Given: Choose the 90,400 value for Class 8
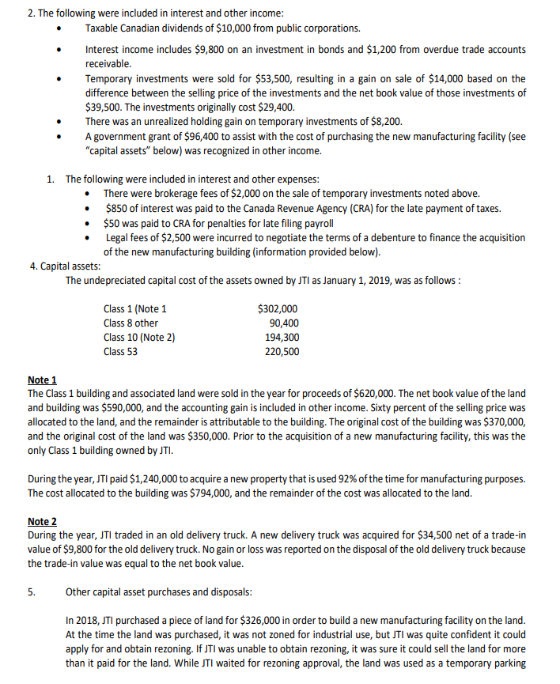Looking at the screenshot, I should [x=284, y=323].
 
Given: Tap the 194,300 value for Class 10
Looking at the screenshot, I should [x=282, y=337].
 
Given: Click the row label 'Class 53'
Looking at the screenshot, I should [x=120, y=351].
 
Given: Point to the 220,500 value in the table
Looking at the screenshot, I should [x=282, y=351].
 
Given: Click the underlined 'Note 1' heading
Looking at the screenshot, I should [x=42, y=380].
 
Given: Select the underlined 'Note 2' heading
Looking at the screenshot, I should [x=42, y=521].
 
